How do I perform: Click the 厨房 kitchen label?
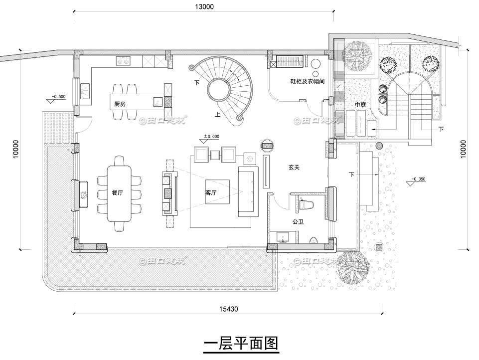tap(119, 104)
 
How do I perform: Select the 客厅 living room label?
tap(211, 192)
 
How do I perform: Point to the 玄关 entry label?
tap(294, 168)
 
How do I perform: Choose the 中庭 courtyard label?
tap(361, 105)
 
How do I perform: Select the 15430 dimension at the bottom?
tap(228, 309)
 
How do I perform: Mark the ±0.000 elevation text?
tap(211, 136)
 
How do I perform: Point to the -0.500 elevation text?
tap(58, 96)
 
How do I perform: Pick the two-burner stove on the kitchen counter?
tap(123, 61)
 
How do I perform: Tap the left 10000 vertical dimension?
tap(16, 149)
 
